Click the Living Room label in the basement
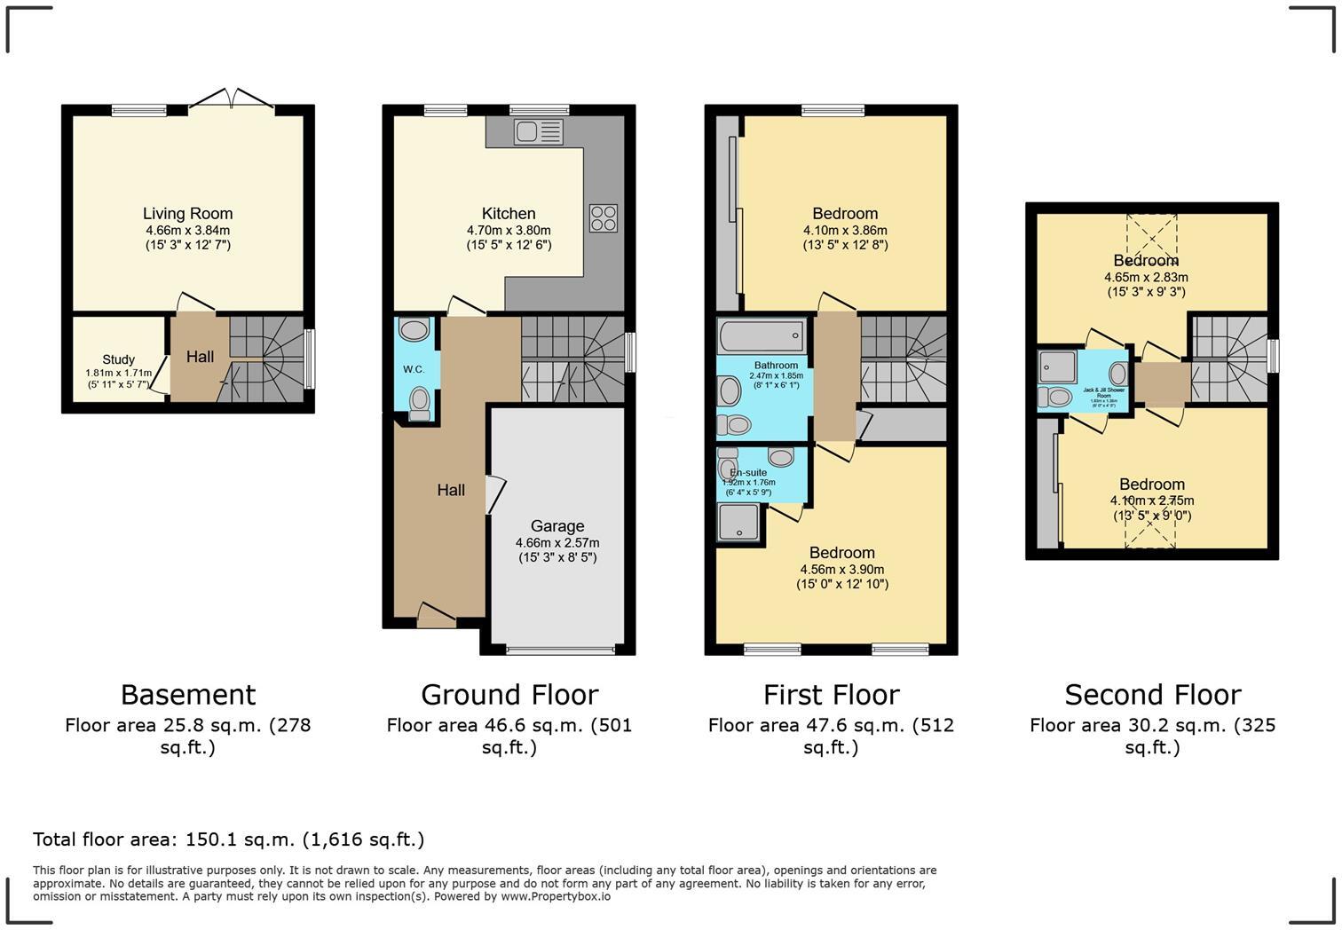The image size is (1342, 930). [x=187, y=214]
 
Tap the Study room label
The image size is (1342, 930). [x=118, y=359]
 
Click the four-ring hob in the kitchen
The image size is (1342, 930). [x=604, y=217]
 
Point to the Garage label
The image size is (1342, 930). [x=557, y=526]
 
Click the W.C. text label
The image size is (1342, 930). [x=413, y=369]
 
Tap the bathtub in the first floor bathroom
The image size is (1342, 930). [x=762, y=336]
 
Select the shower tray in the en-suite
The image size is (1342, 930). [x=739, y=522]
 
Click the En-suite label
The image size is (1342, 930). [x=748, y=473]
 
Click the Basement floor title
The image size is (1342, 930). [x=188, y=694]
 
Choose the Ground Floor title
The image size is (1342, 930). [x=509, y=694]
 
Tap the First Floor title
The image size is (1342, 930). [x=831, y=694]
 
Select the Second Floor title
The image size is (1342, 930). [x=1152, y=694]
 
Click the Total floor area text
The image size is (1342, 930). [x=228, y=839]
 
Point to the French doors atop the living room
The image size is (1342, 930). [x=231, y=99]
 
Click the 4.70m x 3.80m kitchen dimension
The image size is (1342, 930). [x=509, y=230]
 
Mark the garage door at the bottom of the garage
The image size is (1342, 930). [x=559, y=650]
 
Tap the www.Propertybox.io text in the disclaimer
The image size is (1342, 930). [x=555, y=896]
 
